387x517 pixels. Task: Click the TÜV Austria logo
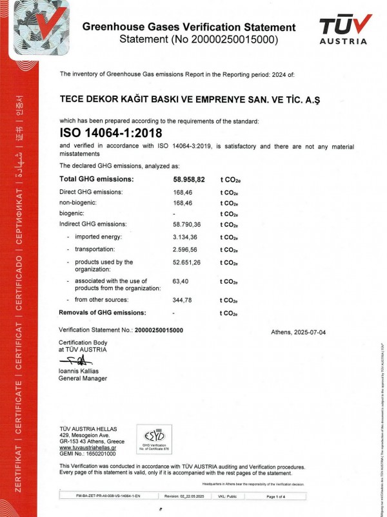pos(345,29)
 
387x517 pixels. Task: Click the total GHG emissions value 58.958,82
pos(185,179)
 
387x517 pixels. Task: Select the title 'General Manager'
pos(83,379)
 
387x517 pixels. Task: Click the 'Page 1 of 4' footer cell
pos(280,496)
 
